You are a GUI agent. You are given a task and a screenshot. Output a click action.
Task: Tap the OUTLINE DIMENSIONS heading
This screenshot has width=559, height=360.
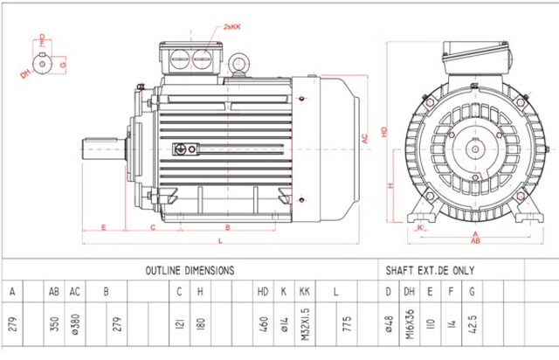(189, 271)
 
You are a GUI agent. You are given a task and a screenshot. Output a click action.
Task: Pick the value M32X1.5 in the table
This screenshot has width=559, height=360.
(304, 321)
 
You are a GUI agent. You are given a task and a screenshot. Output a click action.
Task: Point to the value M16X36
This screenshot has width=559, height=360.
(409, 321)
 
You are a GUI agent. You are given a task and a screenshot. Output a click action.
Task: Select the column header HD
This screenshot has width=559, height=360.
(262, 290)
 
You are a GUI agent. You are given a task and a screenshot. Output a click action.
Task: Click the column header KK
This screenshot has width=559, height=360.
(304, 290)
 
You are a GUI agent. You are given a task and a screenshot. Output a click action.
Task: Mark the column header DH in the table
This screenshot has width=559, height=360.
(409, 290)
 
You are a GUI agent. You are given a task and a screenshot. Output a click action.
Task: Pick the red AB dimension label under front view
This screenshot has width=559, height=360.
(474, 242)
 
